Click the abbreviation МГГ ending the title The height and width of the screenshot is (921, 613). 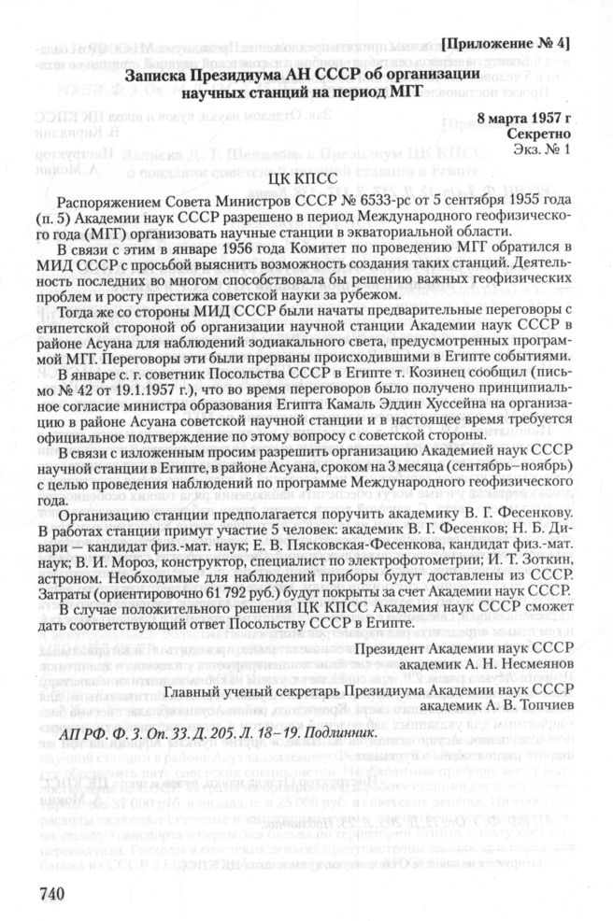pos(403,92)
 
